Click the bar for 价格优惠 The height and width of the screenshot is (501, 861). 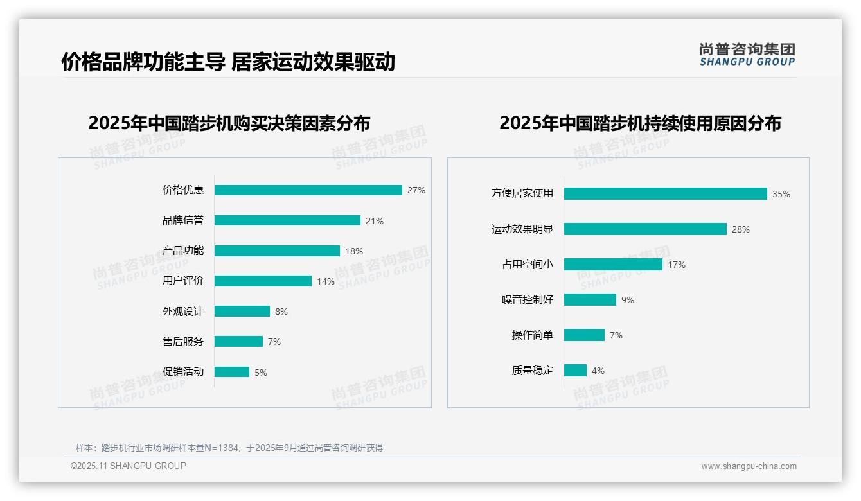308,190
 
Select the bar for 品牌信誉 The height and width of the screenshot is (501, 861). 287,220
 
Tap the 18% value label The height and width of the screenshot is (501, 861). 354,251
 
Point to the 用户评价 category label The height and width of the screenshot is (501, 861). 182,281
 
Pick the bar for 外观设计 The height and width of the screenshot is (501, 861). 242,312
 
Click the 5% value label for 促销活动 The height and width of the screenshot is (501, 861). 261,373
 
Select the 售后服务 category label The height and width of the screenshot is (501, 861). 182,342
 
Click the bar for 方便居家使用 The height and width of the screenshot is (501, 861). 666,193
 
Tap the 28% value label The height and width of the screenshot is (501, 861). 741,229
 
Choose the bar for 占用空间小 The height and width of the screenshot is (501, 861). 613,265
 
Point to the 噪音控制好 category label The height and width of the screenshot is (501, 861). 528,300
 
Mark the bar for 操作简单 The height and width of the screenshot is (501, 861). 584,335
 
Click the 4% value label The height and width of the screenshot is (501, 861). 598,371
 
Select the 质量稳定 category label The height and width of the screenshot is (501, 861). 533,371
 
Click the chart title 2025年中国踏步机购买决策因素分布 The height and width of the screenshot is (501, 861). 229,123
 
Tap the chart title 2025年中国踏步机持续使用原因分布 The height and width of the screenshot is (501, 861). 640,123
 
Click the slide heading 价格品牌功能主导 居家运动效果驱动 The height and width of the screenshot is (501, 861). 228,62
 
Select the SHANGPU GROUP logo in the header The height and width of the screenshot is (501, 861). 747,55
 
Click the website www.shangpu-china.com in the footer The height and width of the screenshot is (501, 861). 749,466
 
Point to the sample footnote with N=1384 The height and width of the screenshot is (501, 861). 229,448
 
